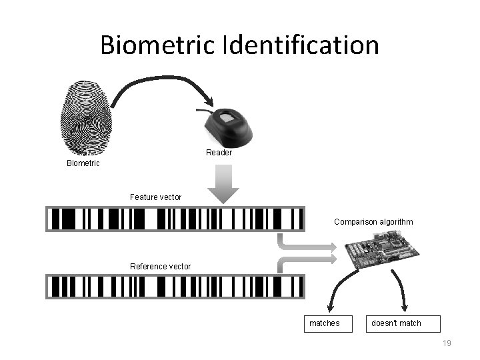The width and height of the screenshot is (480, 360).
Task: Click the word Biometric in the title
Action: [158, 45]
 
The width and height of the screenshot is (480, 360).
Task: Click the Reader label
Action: [219, 153]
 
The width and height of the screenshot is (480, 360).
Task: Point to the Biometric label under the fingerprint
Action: [83, 163]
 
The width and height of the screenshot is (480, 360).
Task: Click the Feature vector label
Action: [155, 197]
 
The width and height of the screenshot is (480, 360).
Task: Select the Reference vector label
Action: [160, 267]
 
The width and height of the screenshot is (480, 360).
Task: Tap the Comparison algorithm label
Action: [373, 222]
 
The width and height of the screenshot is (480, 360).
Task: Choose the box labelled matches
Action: [324, 323]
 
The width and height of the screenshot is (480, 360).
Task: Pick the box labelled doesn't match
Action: [396, 323]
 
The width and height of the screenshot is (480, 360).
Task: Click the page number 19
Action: [447, 343]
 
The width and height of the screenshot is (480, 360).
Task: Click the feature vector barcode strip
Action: [175, 219]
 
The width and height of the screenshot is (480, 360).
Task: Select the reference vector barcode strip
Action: [175, 286]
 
